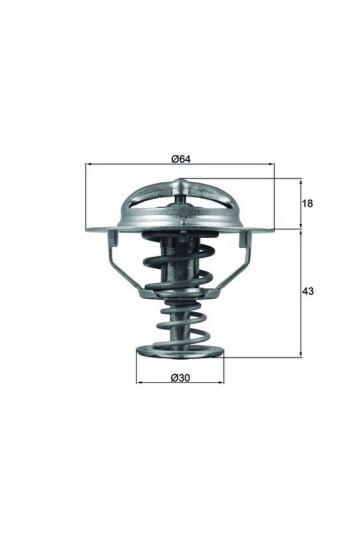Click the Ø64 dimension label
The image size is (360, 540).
[x=181, y=158]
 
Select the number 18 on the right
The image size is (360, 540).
[x=308, y=204]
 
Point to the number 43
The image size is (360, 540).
[x=308, y=291]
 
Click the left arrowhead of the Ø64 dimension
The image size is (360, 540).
[x=90, y=165]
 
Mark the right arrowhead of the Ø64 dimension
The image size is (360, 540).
[x=270, y=165]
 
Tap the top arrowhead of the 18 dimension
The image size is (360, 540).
[x=300, y=182]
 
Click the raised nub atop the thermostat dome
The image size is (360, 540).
[x=180, y=183]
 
